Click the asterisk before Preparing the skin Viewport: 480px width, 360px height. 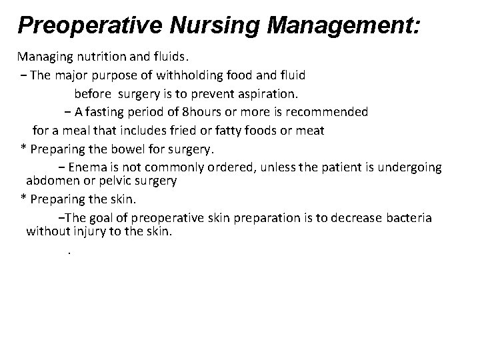coord(23,199)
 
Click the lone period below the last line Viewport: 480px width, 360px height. coord(69,253)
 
